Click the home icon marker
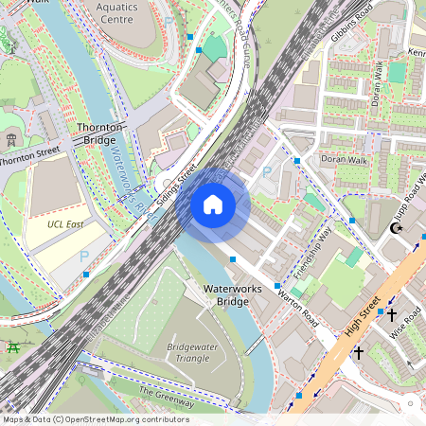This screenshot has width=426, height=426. pos(213,204)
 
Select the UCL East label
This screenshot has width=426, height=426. pos(66,224)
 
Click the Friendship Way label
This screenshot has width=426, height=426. pos(312,253)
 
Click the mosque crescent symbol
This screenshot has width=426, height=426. pos(397,228)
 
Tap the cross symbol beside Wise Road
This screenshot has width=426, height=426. pos(391,314)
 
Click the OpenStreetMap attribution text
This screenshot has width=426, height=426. pos(96,419)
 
